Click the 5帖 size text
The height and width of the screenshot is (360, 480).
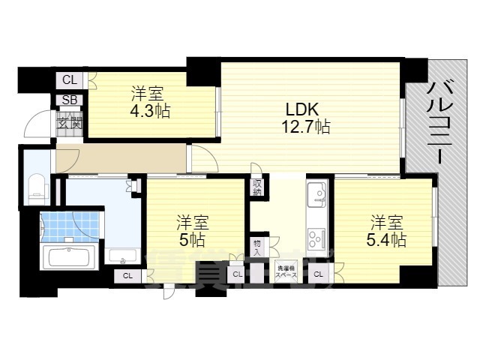(192, 240)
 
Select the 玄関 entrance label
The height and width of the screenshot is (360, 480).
(69, 118)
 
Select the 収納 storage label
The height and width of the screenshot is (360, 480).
(257, 187)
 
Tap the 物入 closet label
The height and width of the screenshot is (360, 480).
(257, 247)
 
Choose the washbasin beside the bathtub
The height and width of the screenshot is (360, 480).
(120, 256)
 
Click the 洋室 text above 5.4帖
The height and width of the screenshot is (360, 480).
(387, 223)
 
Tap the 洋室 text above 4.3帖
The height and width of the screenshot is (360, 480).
(148, 94)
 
